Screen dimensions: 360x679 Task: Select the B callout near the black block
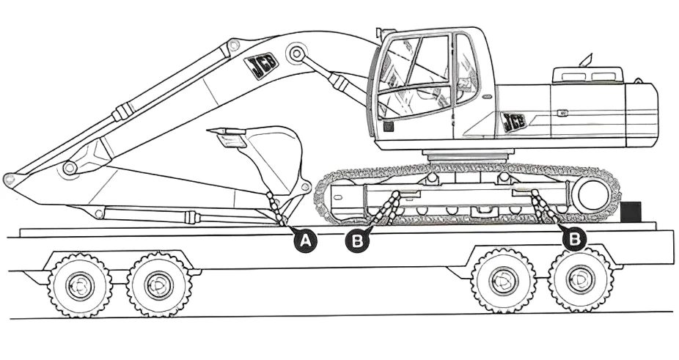[x=575, y=239]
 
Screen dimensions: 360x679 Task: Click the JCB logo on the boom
[x=261, y=66]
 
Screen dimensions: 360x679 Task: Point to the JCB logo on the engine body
[x=514, y=122]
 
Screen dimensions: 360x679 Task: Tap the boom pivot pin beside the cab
[x=296, y=53]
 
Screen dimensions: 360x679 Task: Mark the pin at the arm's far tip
[x=9, y=179]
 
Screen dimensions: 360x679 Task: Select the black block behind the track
[x=630, y=211]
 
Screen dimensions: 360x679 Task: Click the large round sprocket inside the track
[x=592, y=196]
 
